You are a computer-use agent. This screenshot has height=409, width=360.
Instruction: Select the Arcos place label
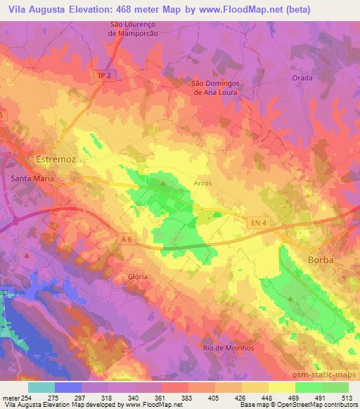[x=202, y=183]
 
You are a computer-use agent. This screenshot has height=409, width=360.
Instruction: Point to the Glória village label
[x=138, y=277]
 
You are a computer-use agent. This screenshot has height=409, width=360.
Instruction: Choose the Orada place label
[x=302, y=78]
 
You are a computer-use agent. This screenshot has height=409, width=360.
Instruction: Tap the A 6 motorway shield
[x=127, y=240]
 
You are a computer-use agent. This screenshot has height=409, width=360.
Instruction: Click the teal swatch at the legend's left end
[x=41, y=387]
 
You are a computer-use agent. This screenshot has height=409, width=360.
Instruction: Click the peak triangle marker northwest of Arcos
[x=164, y=184]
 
